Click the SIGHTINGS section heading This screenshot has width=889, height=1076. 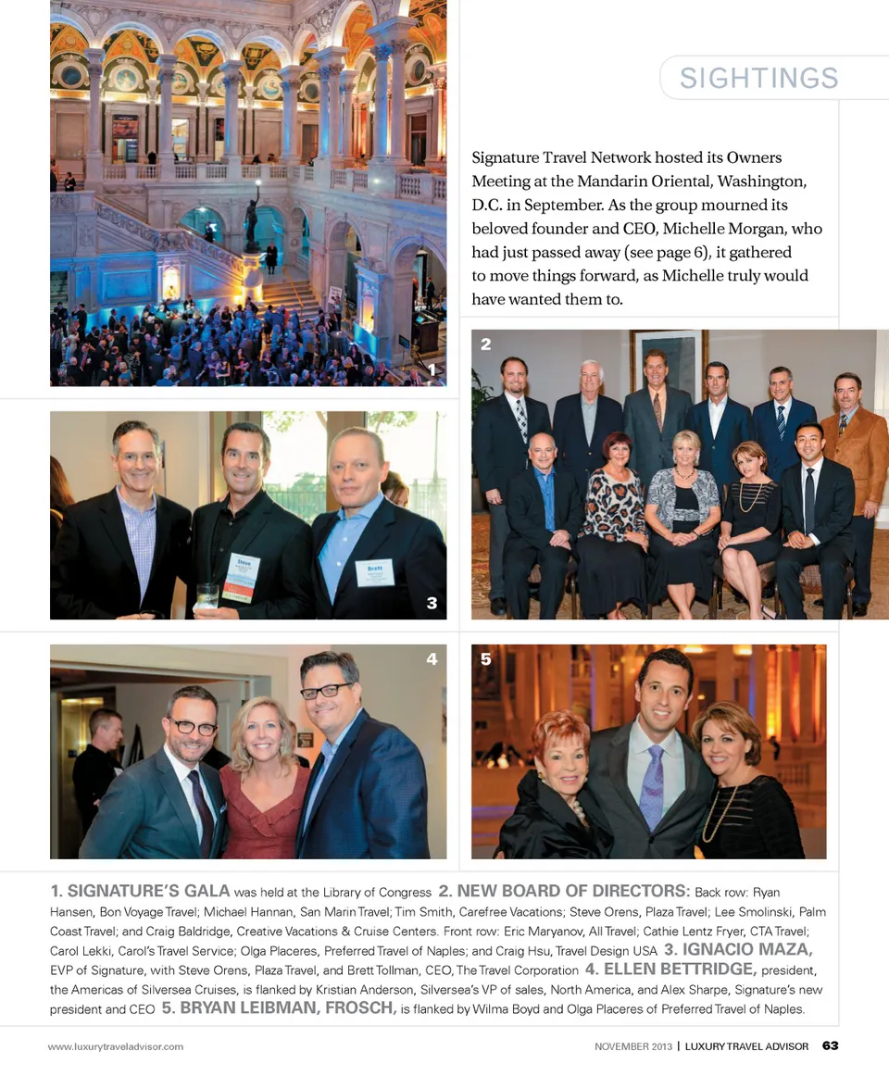(x=758, y=79)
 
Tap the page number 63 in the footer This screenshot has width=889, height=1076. (x=830, y=1046)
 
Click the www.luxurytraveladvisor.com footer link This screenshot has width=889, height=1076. (x=116, y=1047)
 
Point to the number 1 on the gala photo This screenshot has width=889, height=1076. (x=432, y=369)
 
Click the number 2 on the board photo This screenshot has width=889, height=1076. (x=485, y=344)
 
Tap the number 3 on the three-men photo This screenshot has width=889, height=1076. (x=432, y=604)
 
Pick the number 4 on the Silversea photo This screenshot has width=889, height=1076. (x=432, y=659)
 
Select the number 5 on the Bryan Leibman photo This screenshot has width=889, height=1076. (x=485, y=659)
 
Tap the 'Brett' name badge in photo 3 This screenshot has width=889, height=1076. (x=374, y=573)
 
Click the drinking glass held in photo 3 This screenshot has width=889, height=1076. (x=207, y=595)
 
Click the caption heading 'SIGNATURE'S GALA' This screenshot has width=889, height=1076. (x=139, y=892)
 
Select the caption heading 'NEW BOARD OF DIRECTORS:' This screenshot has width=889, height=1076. (x=564, y=892)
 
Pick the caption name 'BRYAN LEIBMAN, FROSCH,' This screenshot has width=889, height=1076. (x=278, y=1008)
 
